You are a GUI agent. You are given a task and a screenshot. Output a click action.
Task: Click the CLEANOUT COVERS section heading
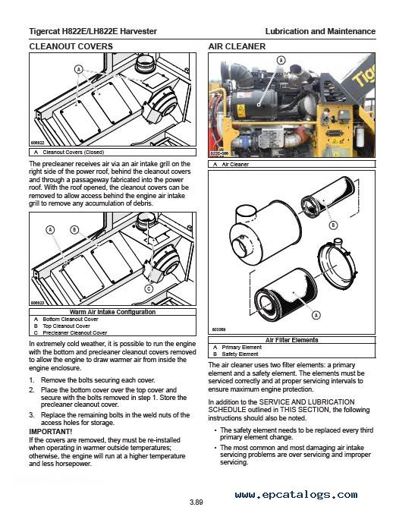(x=71, y=46)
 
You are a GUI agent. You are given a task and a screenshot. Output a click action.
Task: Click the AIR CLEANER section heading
(x=237, y=46)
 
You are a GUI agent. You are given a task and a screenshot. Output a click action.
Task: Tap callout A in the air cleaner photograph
(x=281, y=60)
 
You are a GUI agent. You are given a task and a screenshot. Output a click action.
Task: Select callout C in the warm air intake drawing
(x=149, y=288)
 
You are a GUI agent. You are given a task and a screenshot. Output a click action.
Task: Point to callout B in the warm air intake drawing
(x=74, y=230)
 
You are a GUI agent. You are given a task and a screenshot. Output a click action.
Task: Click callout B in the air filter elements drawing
(x=333, y=225)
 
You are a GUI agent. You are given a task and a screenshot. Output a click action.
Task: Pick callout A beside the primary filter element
(x=316, y=315)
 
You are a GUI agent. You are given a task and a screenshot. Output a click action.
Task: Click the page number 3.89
(x=196, y=502)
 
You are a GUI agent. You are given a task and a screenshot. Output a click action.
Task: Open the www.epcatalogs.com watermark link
(x=297, y=494)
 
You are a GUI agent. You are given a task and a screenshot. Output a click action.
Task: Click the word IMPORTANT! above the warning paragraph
(x=50, y=432)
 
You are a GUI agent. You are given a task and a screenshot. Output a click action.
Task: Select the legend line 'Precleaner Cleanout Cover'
(x=74, y=332)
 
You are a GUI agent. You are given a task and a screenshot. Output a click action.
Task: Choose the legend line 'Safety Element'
(x=240, y=354)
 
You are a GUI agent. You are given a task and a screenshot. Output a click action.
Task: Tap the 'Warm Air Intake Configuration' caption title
(x=112, y=312)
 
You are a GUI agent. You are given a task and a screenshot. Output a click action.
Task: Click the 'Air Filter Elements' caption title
(x=291, y=340)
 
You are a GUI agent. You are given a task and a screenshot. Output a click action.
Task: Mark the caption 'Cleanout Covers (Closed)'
(x=74, y=153)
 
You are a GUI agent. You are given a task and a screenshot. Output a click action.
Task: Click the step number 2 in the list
(x=31, y=390)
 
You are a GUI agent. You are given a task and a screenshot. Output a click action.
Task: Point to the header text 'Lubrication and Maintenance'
(x=320, y=31)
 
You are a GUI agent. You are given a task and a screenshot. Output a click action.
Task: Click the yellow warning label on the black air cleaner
(x=241, y=111)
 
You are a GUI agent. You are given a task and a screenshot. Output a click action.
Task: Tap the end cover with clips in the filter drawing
(x=336, y=264)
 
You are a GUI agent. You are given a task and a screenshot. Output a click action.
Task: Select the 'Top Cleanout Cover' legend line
(x=66, y=326)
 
